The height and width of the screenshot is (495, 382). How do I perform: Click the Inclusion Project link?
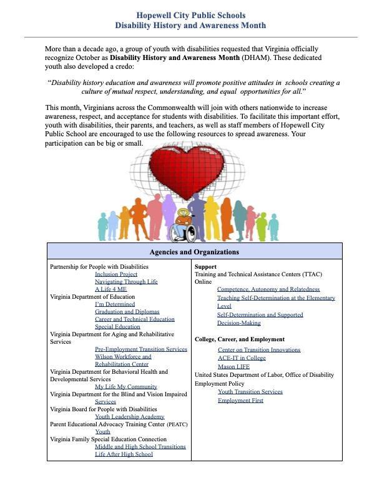[x=116, y=274]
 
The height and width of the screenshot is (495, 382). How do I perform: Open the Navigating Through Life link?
[x=126, y=282]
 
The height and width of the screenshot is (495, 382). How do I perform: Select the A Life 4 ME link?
[x=110, y=289]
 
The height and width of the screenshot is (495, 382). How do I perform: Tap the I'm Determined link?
[x=115, y=304]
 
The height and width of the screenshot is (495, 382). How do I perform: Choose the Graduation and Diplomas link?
[x=127, y=312]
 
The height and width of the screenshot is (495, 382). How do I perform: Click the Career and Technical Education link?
[x=135, y=319]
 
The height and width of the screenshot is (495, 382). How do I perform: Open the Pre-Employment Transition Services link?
[x=140, y=349]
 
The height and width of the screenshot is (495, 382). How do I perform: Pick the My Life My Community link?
[x=125, y=387]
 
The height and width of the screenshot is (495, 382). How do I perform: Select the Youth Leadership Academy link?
[x=129, y=417]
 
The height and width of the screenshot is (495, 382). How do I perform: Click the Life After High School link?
[x=124, y=454]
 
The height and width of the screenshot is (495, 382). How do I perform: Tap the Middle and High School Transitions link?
[x=140, y=447]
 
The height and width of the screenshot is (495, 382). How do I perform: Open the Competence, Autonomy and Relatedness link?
[x=268, y=289]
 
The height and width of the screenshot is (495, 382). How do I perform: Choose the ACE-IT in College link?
[x=242, y=358]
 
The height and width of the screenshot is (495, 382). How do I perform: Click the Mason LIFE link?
[x=233, y=367]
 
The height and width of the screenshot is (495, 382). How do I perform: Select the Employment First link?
[x=240, y=401]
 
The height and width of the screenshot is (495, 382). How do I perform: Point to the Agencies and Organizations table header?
[x=194, y=252]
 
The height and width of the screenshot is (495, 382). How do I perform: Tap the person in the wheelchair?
[x=184, y=226]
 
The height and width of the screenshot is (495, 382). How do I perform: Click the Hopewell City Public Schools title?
[x=190, y=15]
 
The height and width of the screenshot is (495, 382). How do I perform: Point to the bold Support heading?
[x=205, y=267]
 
